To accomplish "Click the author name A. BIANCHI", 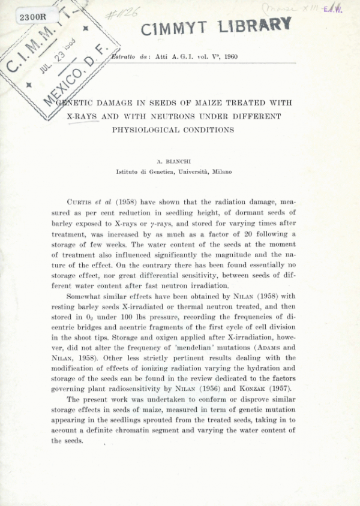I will [x=174, y=161].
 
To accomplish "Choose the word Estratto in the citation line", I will [x=119, y=56].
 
